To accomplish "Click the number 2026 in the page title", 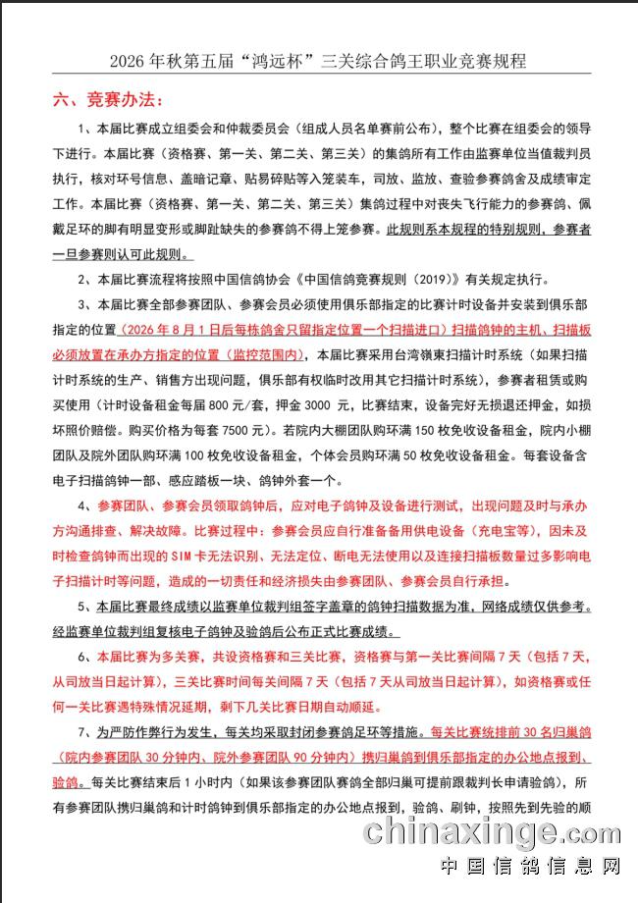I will (128, 61).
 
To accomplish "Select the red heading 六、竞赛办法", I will (108, 100).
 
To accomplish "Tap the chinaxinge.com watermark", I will (494, 833).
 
